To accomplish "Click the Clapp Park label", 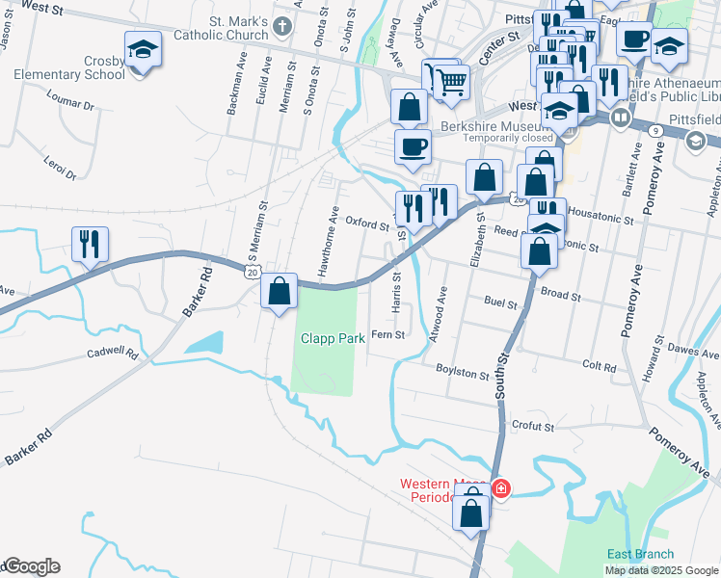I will (332, 339).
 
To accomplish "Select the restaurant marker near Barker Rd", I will (90, 246).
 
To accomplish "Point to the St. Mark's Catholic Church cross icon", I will (281, 25).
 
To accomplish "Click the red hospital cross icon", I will (500, 488).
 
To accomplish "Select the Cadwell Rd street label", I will (113, 354).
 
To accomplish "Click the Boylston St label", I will (462, 371).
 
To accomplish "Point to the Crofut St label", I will (533, 426).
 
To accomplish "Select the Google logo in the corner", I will (32, 566).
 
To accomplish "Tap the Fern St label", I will (387, 334).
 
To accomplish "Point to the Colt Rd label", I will (599, 366).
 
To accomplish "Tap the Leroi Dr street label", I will (60, 166).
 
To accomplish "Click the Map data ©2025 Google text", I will (661, 570).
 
